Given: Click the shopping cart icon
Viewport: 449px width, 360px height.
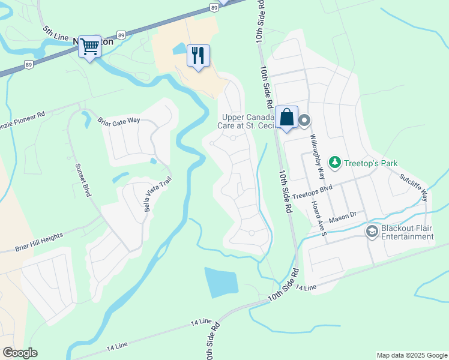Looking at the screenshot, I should point(90,46).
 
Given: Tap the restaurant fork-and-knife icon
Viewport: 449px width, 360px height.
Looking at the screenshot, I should point(198,56).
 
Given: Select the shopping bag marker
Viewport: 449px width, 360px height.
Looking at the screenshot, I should point(287,116).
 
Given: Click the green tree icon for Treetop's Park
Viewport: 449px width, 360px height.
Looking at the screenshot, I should point(334,163).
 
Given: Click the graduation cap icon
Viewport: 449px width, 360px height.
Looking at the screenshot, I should point(372,231).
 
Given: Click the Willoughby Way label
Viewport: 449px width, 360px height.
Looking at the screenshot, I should point(317,152).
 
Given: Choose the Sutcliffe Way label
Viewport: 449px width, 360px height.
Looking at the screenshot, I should point(414,187).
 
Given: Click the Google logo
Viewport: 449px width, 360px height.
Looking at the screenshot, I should point(20,353).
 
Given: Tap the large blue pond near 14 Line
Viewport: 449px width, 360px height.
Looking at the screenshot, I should point(221,282).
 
